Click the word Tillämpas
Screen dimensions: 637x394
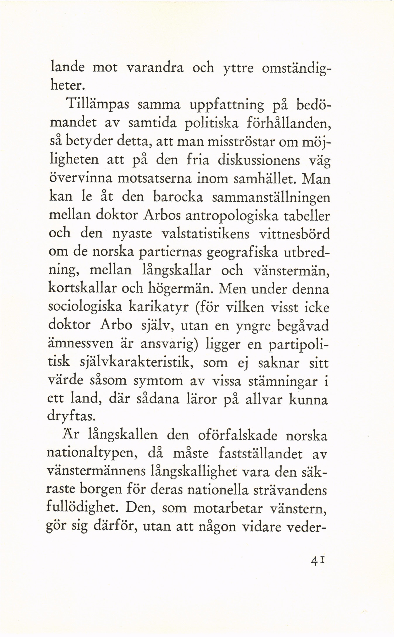(98, 104)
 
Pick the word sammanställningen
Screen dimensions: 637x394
(271, 198)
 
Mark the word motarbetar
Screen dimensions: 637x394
(228, 508)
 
